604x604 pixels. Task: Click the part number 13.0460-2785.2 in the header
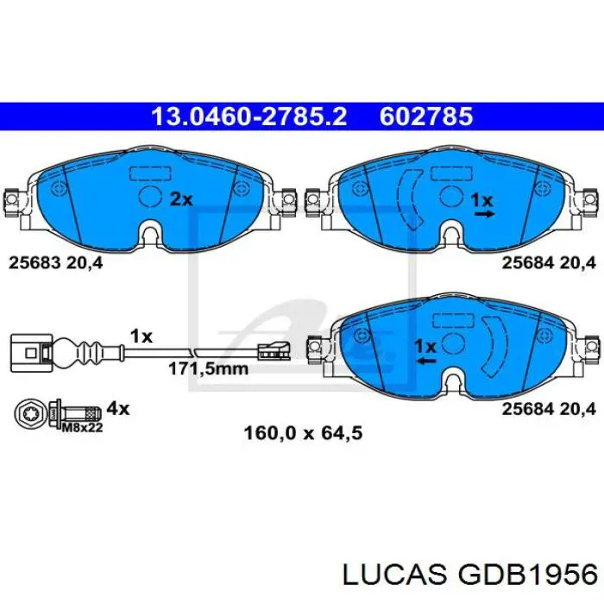pyautogui.click(x=249, y=116)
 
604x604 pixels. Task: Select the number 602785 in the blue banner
pyautogui.click(x=426, y=116)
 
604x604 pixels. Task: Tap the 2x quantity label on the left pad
pyautogui.click(x=180, y=199)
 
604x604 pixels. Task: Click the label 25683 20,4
pyautogui.click(x=56, y=263)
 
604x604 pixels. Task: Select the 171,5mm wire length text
pyautogui.click(x=207, y=368)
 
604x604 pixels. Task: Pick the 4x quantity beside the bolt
pyautogui.click(x=118, y=407)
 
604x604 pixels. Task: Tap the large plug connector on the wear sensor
pyautogui.click(x=29, y=352)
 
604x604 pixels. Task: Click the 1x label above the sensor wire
pyautogui.click(x=142, y=335)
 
